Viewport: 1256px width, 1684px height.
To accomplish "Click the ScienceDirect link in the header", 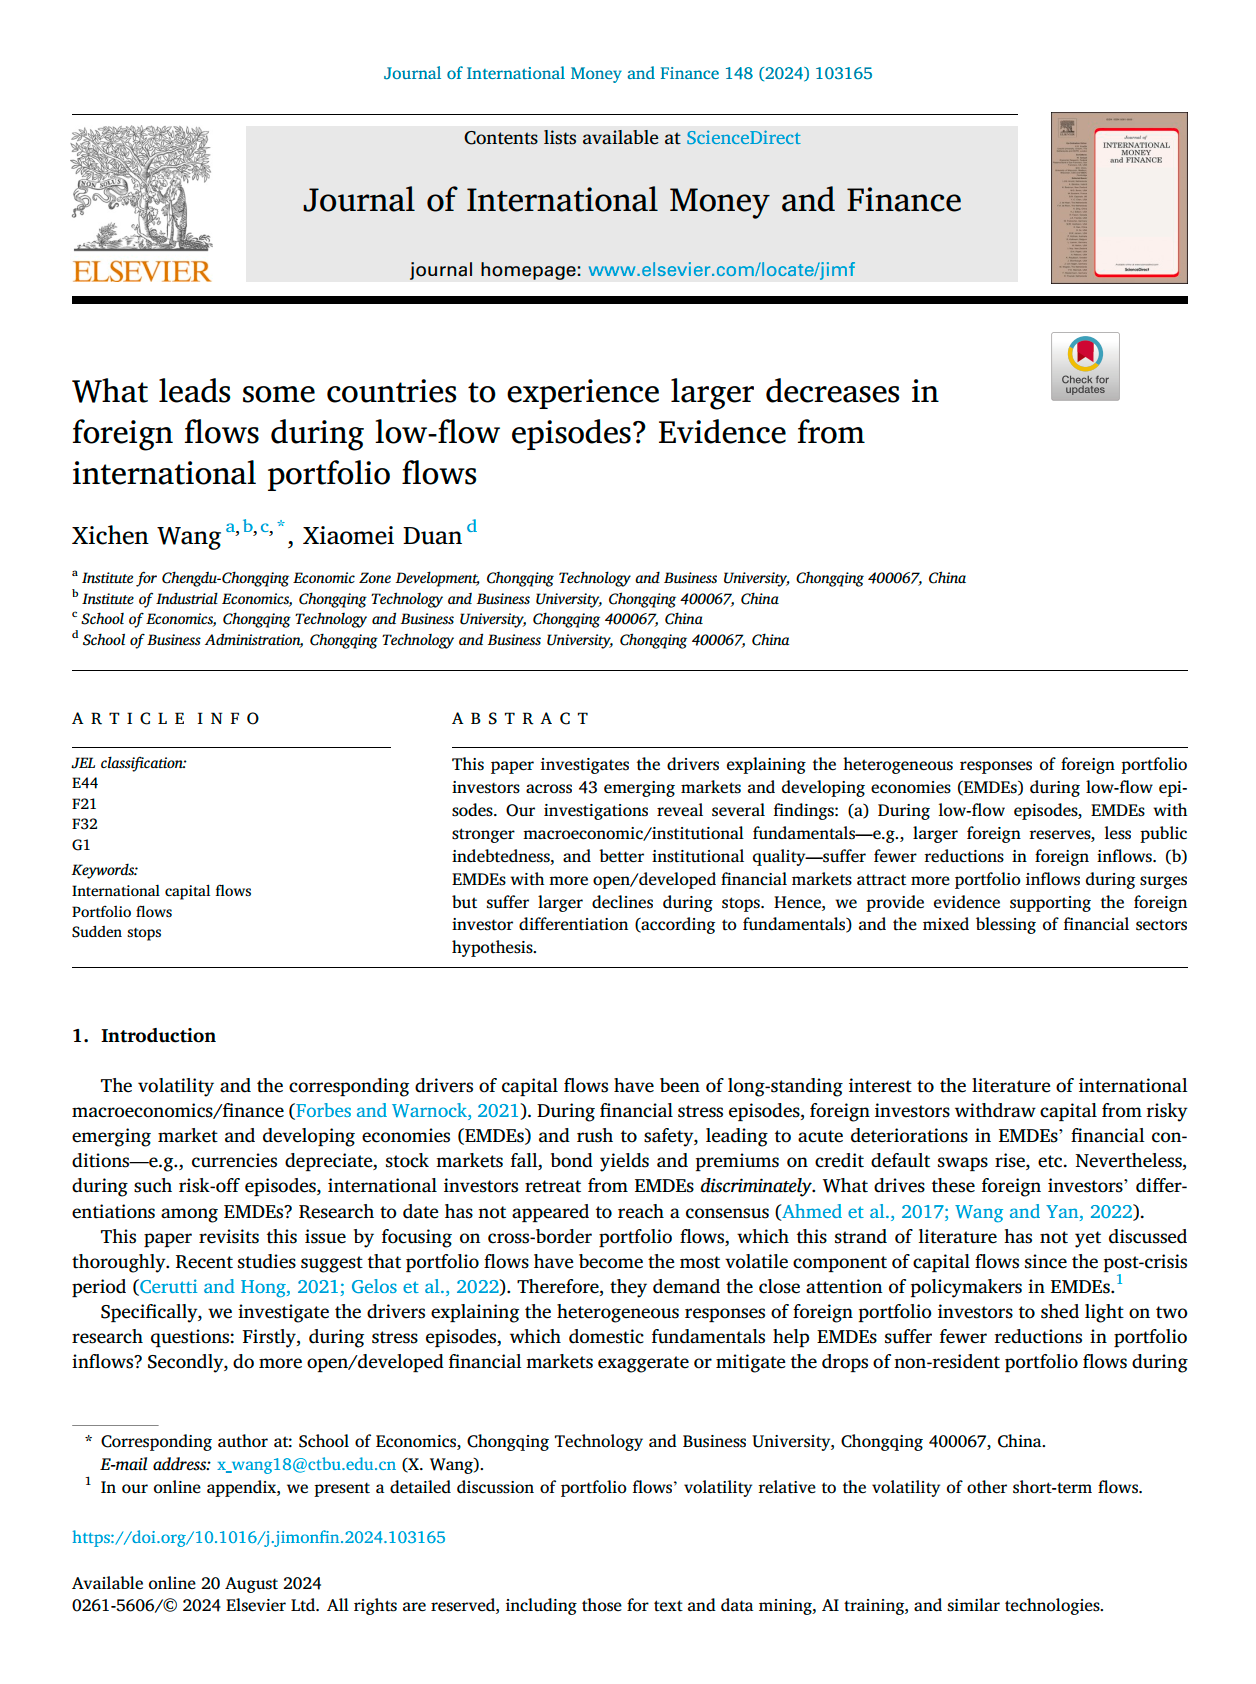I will tap(742, 138).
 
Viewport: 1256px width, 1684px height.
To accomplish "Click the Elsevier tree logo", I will tap(141, 188).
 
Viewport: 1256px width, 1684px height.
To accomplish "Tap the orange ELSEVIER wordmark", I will tap(141, 271).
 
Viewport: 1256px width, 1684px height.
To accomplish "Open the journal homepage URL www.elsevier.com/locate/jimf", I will tap(721, 269).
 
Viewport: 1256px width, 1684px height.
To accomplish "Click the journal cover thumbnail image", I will tap(1118, 198).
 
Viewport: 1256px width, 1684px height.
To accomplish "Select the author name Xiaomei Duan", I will tap(382, 536).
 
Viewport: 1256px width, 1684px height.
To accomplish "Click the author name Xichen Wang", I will tap(146, 536).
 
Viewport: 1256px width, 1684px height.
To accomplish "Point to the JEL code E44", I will tap(85, 783).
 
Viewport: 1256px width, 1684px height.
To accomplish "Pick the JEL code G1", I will tap(81, 845).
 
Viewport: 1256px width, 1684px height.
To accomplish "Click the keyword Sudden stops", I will tap(116, 932).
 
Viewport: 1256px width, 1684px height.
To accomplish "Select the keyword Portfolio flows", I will tap(122, 912).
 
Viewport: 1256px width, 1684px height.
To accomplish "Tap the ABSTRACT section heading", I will tap(520, 719).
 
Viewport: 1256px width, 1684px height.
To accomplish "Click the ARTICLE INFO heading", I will tap(166, 719).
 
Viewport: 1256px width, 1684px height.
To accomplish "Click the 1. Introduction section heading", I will tap(144, 1036).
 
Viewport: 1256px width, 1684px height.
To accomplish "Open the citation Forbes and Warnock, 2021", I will tap(408, 1111).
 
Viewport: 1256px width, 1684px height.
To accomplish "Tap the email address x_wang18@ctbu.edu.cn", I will tap(306, 1465).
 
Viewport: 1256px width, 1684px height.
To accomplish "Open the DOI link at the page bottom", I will tap(259, 1538).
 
